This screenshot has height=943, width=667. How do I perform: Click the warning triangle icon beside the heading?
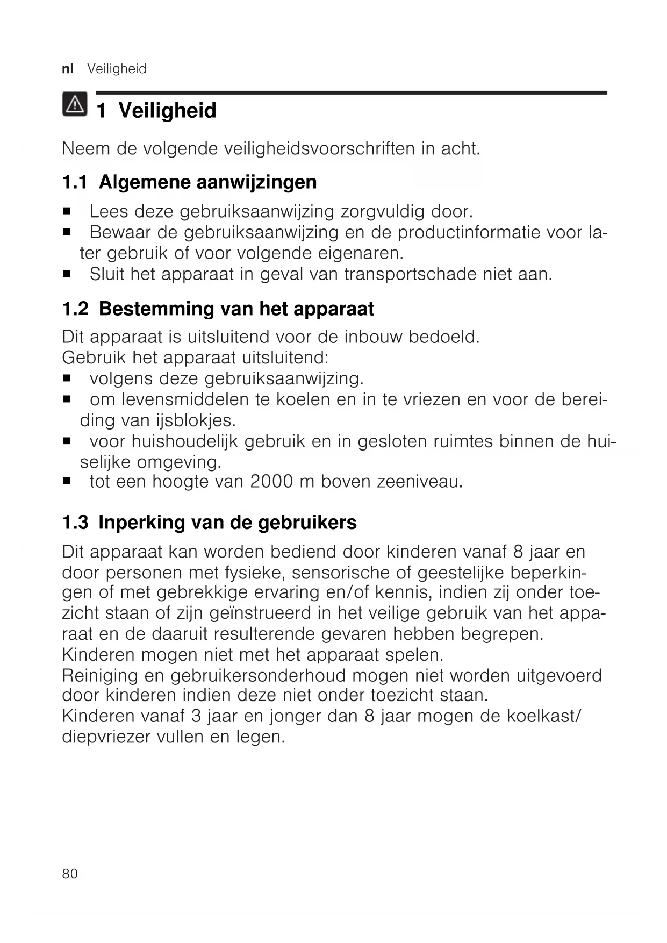74,105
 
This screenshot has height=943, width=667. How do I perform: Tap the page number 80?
70,874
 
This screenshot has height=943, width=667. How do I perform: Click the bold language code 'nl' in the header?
68,69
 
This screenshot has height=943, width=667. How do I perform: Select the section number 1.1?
75,182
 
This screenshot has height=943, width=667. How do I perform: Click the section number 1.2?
75,309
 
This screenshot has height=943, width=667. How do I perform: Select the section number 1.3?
75,523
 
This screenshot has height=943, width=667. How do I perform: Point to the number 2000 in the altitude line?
271,482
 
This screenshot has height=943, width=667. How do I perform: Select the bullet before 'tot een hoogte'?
67,482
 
